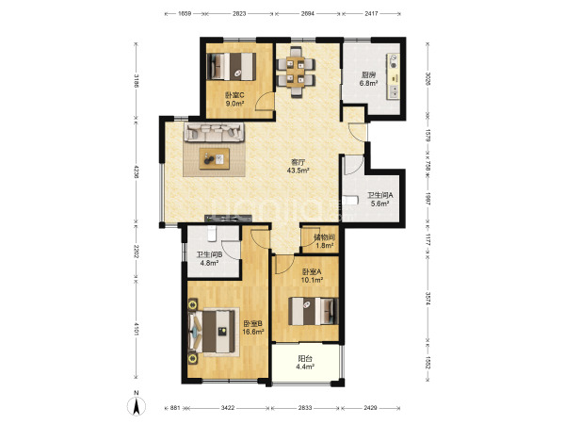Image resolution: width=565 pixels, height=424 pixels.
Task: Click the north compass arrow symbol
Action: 137,405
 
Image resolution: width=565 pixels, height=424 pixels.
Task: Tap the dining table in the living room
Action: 296,72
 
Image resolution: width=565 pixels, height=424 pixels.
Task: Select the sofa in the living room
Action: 215,132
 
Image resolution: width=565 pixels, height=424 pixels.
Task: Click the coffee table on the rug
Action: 215,158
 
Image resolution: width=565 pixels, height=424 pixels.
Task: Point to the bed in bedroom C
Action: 231,67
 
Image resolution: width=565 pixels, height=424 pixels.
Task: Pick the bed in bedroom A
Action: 314,311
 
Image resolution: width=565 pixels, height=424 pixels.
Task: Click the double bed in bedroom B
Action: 213,332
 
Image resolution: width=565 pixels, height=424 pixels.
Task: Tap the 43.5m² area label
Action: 298,171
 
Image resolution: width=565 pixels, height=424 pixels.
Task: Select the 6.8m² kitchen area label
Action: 368,83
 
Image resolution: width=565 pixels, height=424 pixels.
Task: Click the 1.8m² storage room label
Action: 325,246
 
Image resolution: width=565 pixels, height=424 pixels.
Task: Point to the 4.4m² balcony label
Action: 305,367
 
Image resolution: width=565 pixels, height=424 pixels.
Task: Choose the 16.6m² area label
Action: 253,332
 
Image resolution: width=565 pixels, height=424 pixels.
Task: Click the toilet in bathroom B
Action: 212,234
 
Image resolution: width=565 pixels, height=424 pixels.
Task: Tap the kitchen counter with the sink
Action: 393,76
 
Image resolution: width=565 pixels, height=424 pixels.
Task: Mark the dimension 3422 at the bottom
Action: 228,408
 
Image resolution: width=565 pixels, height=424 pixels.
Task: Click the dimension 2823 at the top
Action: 239,14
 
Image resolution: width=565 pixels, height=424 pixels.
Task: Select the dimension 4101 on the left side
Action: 136,329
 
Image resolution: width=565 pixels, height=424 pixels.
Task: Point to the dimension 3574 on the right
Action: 428,299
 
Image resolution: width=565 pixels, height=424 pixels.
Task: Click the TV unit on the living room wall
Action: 228,219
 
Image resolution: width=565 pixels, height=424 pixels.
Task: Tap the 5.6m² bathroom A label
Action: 380,204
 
